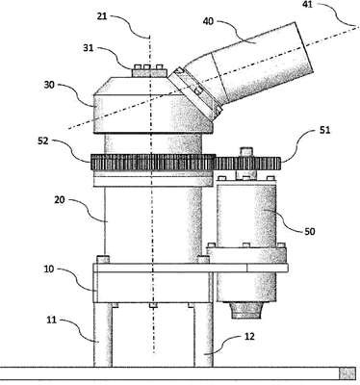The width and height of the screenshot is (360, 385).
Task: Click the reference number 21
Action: [102, 16]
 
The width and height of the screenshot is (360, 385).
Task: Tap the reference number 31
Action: [89, 48]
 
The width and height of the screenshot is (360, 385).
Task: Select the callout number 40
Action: [209, 21]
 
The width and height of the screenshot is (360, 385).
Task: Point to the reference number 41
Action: [307, 5]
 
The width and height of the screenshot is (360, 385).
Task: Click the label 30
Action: [49, 85]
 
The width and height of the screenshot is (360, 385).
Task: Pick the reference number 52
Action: [42, 141]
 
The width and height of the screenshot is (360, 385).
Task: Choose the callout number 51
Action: [324, 131]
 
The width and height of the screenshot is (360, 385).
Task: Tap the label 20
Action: [60, 200]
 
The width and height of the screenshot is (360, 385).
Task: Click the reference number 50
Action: [309, 231]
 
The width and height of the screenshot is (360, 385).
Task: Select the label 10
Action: [49, 269]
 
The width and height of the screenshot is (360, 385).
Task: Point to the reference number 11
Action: [51, 320]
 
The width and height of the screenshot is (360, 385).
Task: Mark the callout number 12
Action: [249, 336]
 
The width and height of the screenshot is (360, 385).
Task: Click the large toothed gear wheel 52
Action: [153, 163]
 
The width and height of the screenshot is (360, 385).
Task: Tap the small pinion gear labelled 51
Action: [247, 164]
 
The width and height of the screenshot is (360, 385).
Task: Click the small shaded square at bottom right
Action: [347, 374]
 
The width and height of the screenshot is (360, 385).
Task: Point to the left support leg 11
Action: [103, 335]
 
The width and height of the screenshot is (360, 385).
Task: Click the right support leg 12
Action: [203, 335]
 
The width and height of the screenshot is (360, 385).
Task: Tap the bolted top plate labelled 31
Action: [149, 71]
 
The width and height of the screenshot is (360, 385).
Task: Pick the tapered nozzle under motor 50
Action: [246, 310]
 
